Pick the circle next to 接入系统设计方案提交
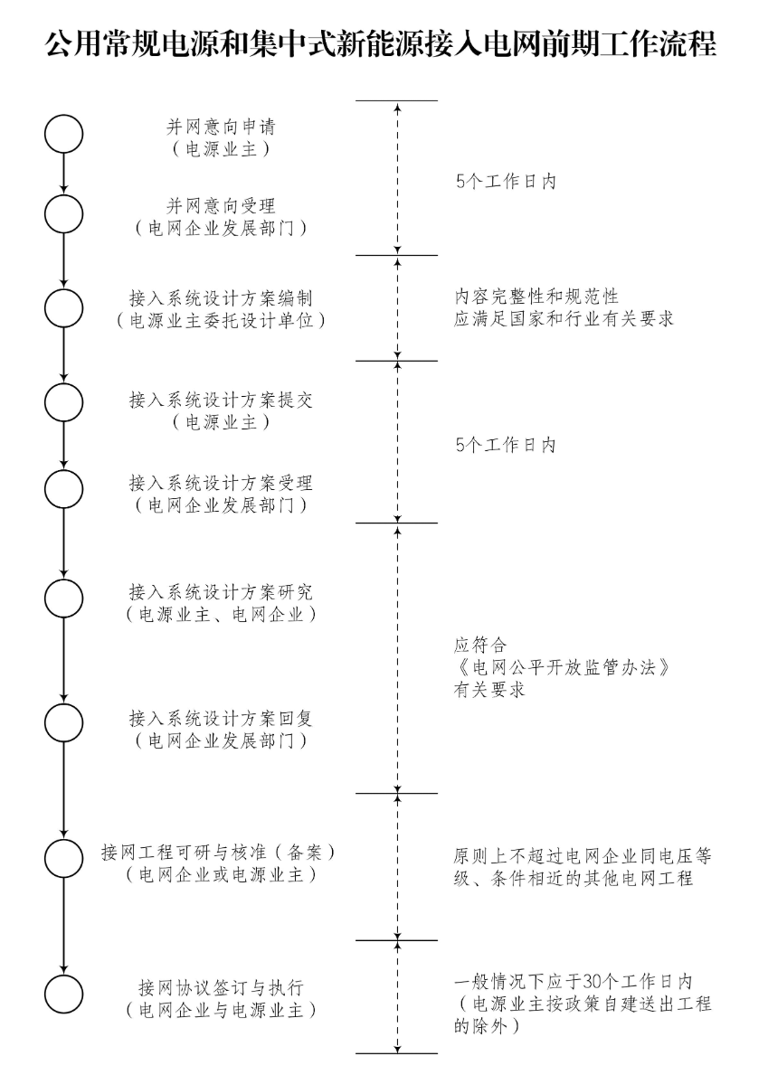63,403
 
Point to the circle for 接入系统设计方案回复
63,723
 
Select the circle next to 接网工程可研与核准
63,858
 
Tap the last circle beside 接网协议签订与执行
63,993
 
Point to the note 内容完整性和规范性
536,296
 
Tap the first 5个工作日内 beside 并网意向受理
506,181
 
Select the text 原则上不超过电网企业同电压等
583,855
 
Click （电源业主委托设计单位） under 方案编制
221,320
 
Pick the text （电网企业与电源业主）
221,1008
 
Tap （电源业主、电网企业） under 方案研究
221,615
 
